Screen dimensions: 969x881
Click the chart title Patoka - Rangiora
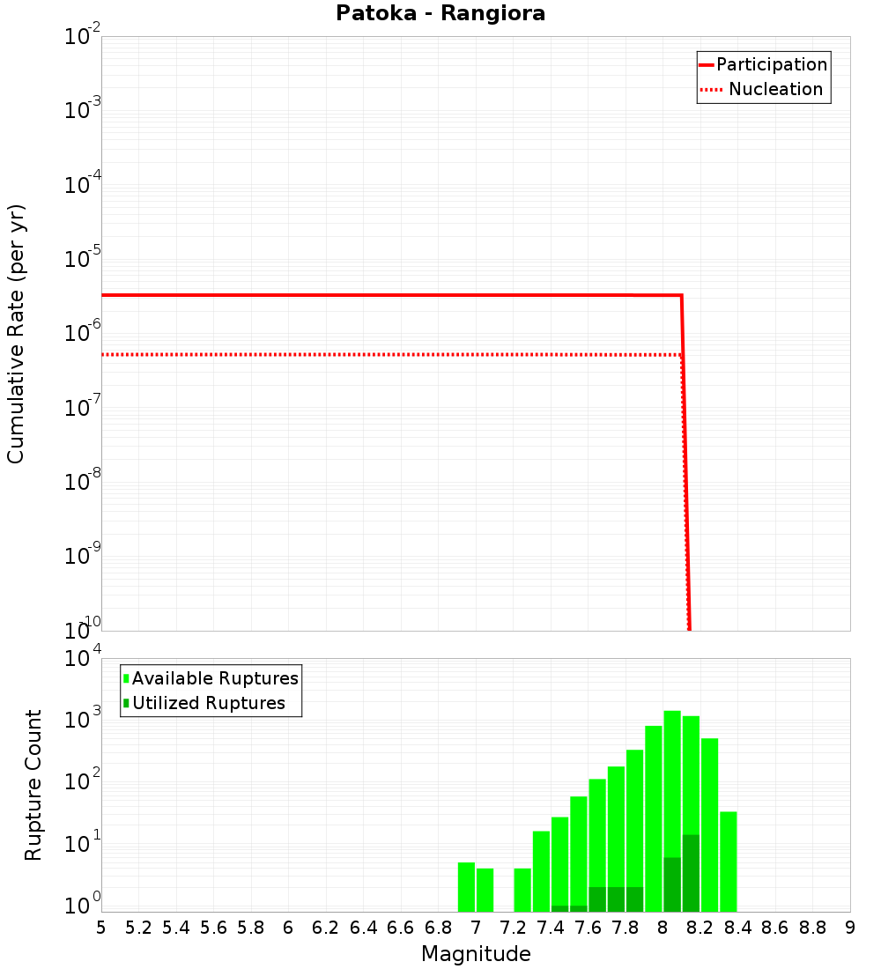(440, 14)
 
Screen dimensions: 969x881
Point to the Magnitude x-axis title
(476, 954)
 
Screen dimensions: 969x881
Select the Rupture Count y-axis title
(33, 784)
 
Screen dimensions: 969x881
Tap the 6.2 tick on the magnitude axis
(326, 928)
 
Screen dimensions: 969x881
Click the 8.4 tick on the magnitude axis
(738, 928)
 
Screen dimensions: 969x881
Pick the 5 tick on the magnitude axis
(101, 928)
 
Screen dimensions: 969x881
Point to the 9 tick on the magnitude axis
(850, 928)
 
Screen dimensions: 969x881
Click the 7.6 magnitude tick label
(589, 928)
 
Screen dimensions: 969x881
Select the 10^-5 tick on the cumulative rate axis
(82, 260)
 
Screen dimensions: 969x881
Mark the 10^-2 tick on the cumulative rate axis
(82, 38)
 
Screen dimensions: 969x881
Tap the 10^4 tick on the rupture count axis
(82, 659)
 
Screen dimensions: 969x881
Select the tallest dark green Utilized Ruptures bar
(691, 872)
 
